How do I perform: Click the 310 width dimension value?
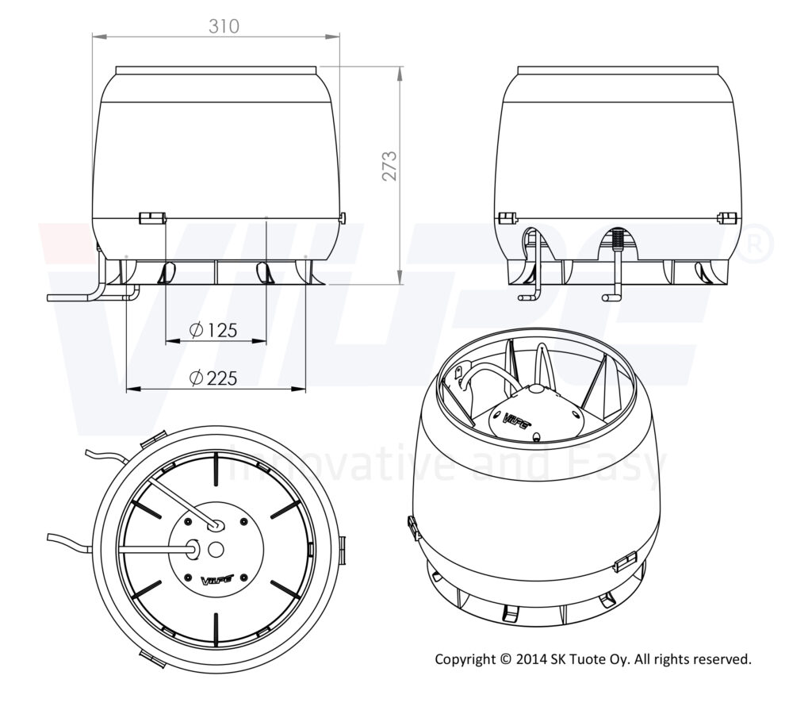(224, 26)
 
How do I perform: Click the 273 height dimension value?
(389, 166)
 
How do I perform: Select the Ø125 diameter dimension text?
(215, 330)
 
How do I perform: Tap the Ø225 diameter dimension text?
(215, 378)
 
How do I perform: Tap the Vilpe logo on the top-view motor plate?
(215, 581)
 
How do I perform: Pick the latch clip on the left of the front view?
(151, 217)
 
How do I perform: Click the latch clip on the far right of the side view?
(726, 217)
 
